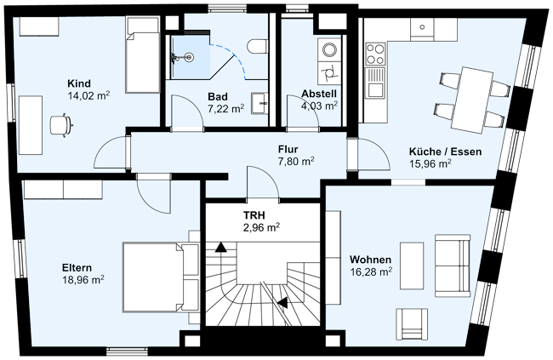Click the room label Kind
[79, 83]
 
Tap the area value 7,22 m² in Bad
[225, 108]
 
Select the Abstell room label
[319, 94]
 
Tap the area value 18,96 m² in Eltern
[83, 278]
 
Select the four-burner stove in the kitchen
[375, 55]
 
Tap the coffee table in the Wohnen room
[412, 266]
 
